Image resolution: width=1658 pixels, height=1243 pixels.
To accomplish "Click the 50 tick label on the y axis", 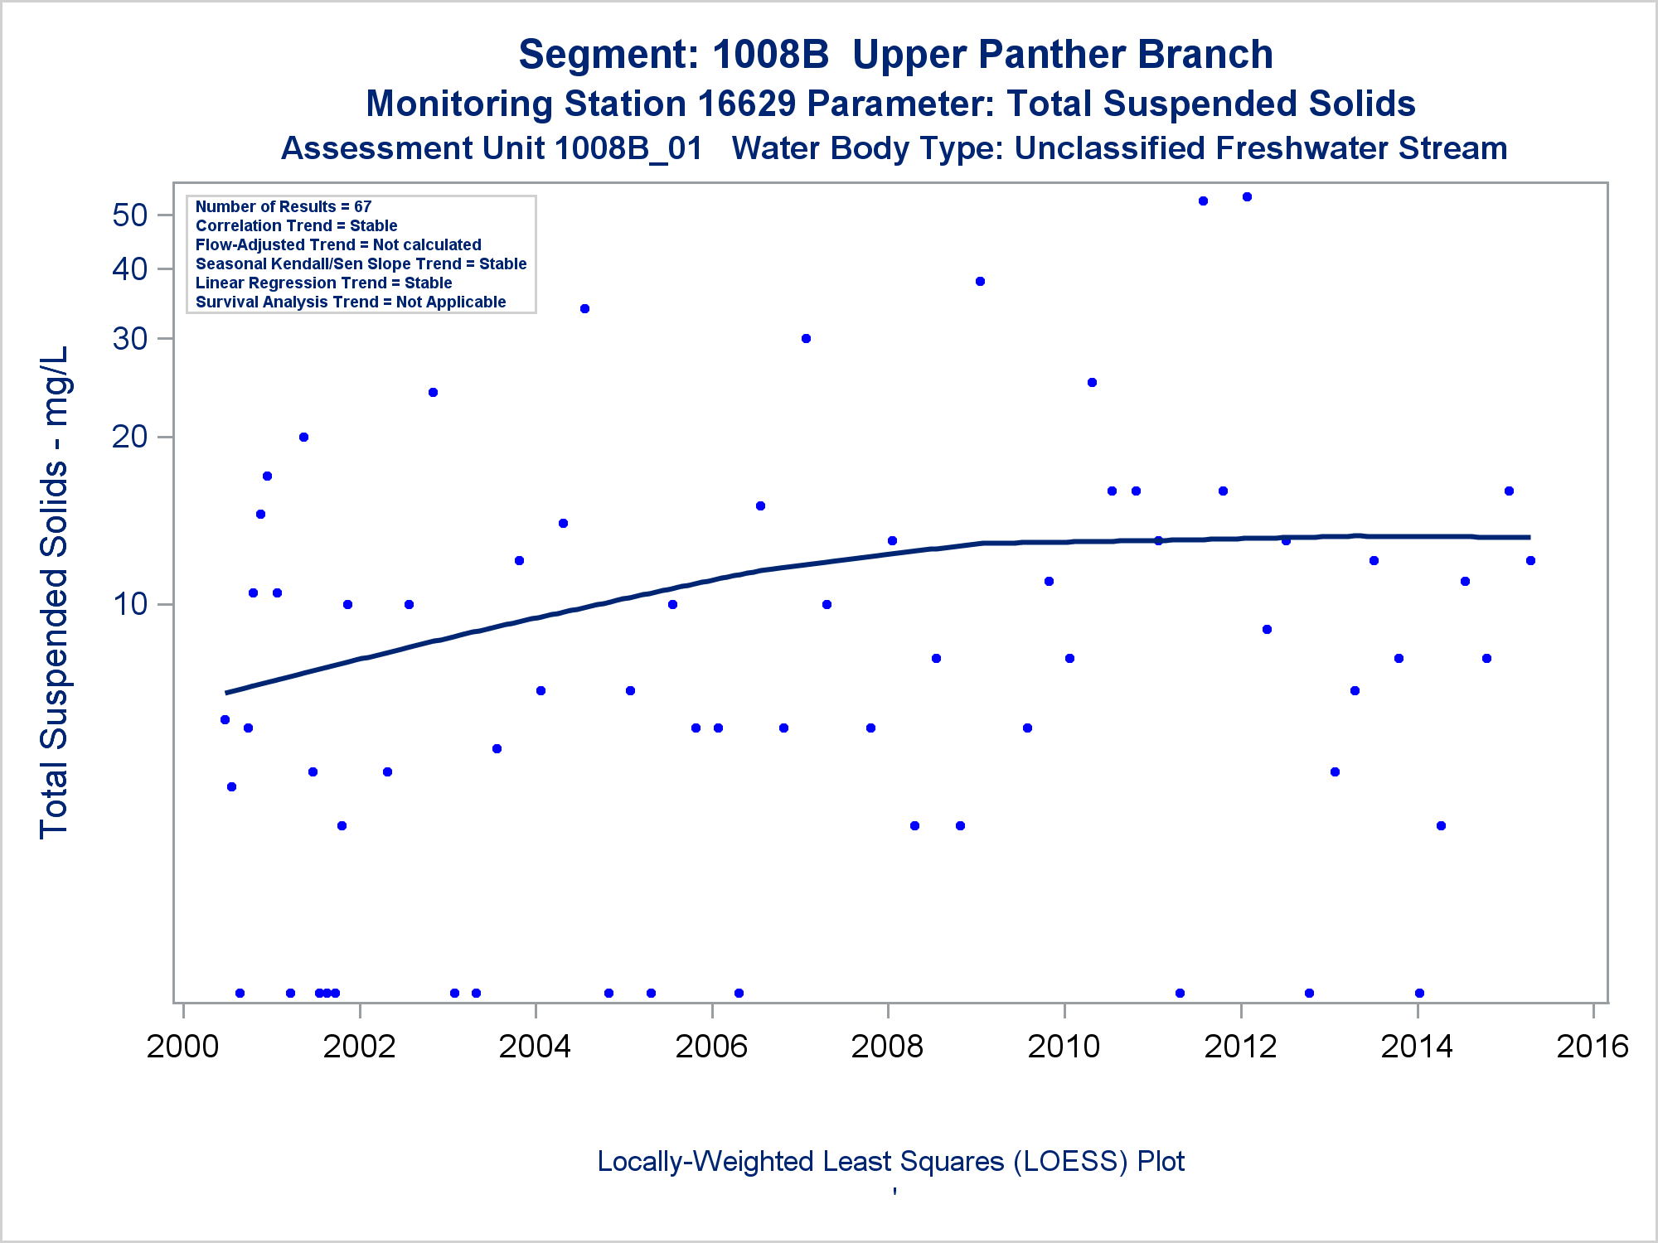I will pyautogui.click(x=129, y=215).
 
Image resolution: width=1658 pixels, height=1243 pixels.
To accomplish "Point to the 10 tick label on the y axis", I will pyautogui.click(x=130, y=604).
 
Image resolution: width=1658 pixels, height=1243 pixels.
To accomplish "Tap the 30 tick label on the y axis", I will pyautogui.click(x=130, y=338).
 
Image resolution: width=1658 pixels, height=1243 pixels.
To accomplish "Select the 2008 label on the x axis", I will pyautogui.click(x=887, y=1047).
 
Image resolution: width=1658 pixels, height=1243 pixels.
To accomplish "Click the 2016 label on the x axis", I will pyautogui.click(x=1593, y=1047).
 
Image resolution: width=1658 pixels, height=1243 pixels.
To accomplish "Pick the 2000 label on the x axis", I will pyautogui.click(x=182, y=1047).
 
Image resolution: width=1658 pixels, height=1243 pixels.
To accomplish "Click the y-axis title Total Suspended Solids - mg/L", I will pyautogui.click(x=55, y=592).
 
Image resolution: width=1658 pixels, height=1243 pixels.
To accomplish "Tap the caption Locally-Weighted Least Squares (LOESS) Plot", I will pyautogui.click(x=890, y=1161).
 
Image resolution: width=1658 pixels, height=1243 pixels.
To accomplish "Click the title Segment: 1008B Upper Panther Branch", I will pyautogui.click(x=895, y=55).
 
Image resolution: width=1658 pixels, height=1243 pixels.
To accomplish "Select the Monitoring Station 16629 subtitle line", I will pyautogui.click(x=890, y=104).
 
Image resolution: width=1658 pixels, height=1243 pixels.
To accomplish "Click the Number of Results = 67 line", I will pyautogui.click(x=284, y=206).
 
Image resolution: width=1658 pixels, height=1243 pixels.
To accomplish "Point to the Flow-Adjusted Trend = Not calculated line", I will pyautogui.click(x=338, y=244).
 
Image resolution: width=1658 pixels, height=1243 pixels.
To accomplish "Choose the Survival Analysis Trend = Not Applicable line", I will pyautogui.click(x=351, y=302).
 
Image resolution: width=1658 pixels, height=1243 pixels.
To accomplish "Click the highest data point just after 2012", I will pyautogui.click(x=1247, y=197).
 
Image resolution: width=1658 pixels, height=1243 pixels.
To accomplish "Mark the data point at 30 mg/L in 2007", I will pyautogui.click(x=806, y=338).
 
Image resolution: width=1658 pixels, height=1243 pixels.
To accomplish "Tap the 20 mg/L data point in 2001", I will pyautogui.click(x=303, y=437).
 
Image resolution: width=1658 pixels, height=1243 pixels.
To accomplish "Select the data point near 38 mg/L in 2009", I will pyautogui.click(x=980, y=282).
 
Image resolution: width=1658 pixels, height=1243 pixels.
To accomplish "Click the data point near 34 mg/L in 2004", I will pyautogui.click(x=584, y=308).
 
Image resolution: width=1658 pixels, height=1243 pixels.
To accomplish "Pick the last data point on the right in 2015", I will pyautogui.click(x=1530, y=561).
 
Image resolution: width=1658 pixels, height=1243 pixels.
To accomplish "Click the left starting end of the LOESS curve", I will pyautogui.click(x=226, y=692).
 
